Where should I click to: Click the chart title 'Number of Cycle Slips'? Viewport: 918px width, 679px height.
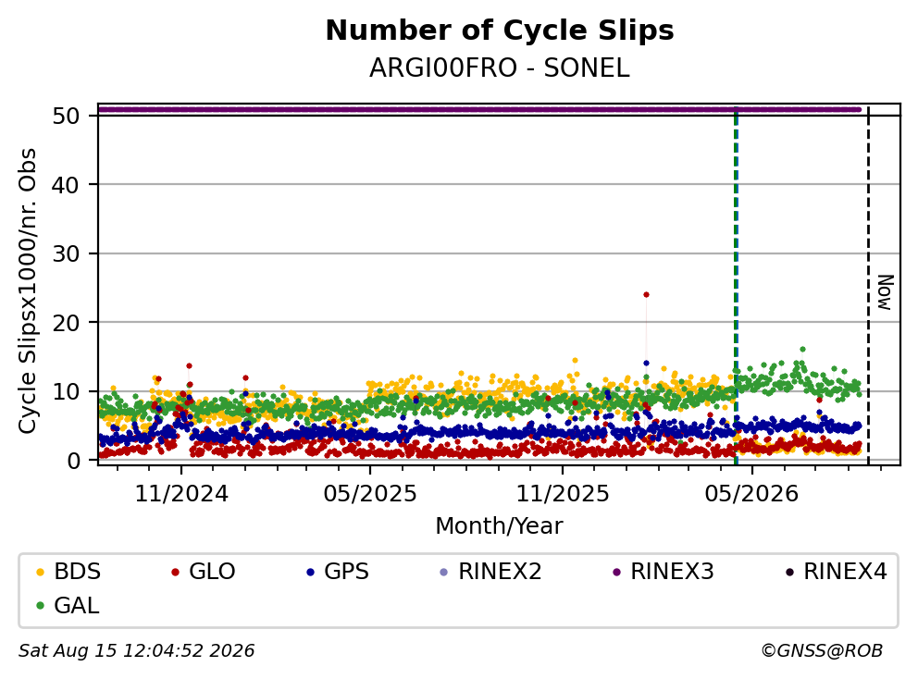pos(500,31)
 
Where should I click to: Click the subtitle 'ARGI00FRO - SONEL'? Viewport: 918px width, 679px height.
pos(500,68)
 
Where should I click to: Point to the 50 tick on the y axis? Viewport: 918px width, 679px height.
pos(66,116)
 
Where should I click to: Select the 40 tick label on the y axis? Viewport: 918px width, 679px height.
pos(66,185)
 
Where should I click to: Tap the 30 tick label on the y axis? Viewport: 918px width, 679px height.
pos(66,253)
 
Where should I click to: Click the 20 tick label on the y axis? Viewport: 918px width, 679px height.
pos(66,323)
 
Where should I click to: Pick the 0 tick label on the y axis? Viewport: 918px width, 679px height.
pos(73,461)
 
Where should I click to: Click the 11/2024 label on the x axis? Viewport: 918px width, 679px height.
pos(181,494)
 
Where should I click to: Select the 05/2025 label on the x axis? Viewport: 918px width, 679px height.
pos(370,494)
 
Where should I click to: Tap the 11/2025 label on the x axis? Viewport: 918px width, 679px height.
pos(562,494)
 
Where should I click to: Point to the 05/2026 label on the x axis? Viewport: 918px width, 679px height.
pos(751,494)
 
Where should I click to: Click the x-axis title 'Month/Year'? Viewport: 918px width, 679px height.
pos(500,526)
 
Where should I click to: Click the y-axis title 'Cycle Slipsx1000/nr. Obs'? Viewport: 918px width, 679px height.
pos(27,290)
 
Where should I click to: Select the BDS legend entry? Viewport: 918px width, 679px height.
pos(68,572)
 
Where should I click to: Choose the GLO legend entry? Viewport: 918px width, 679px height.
pos(204,572)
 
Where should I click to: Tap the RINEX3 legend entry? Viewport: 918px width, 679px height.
pos(664,572)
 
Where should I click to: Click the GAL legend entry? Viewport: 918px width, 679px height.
pos(68,605)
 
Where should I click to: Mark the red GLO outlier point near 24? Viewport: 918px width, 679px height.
pos(646,294)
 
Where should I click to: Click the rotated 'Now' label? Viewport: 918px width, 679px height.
pos(885,292)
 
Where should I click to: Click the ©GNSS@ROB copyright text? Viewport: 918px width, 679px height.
pos(822,650)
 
